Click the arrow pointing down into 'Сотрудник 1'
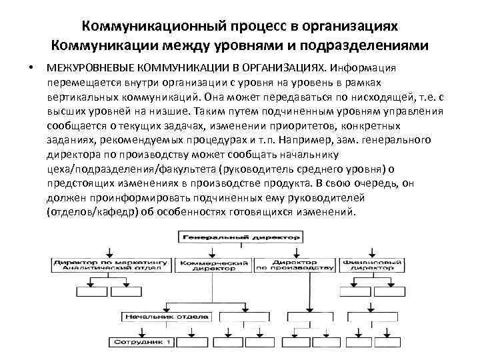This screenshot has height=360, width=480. coord(143,333)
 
